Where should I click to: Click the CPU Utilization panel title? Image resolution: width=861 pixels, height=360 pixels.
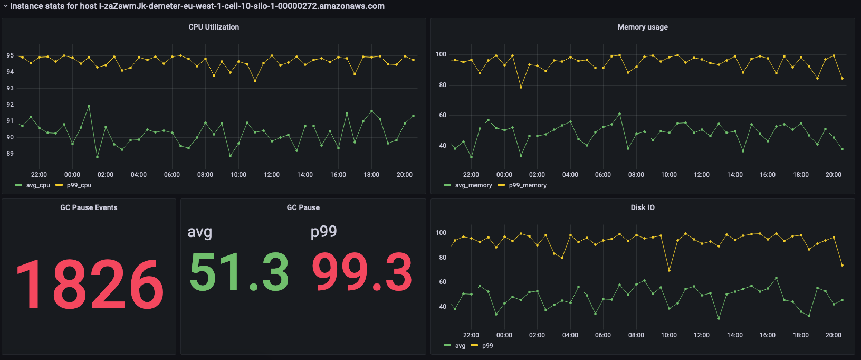(214, 27)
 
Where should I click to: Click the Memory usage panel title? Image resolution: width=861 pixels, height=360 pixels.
(643, 27)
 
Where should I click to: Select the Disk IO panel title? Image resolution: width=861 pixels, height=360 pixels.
(643, 207)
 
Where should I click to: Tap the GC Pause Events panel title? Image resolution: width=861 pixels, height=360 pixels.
(89, 207)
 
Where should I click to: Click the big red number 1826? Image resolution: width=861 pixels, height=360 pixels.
(89, 285)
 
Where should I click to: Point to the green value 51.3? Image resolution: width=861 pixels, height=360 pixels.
(239, 272)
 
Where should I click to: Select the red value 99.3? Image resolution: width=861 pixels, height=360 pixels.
(362, 272)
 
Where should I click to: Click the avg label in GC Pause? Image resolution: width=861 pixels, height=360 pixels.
(200, 232)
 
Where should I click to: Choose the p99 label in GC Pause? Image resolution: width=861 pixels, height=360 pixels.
(323, 232)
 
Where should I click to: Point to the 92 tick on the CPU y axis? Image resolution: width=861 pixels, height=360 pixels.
(10, 105)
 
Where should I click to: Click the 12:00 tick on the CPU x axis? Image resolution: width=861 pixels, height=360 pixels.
(272, 175)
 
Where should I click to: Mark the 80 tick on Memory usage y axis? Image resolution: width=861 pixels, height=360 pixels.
(442, 85)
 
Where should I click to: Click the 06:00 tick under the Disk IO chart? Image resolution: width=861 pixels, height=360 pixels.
(603, 335)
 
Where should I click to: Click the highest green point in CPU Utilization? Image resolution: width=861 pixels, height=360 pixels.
(89, 106)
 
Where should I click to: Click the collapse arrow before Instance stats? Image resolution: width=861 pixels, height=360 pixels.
(5, 6)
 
